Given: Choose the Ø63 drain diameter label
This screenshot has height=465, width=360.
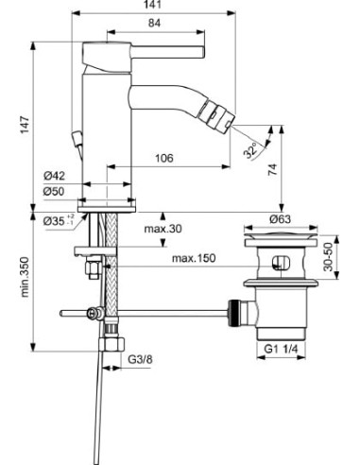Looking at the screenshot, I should click(278, 219).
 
